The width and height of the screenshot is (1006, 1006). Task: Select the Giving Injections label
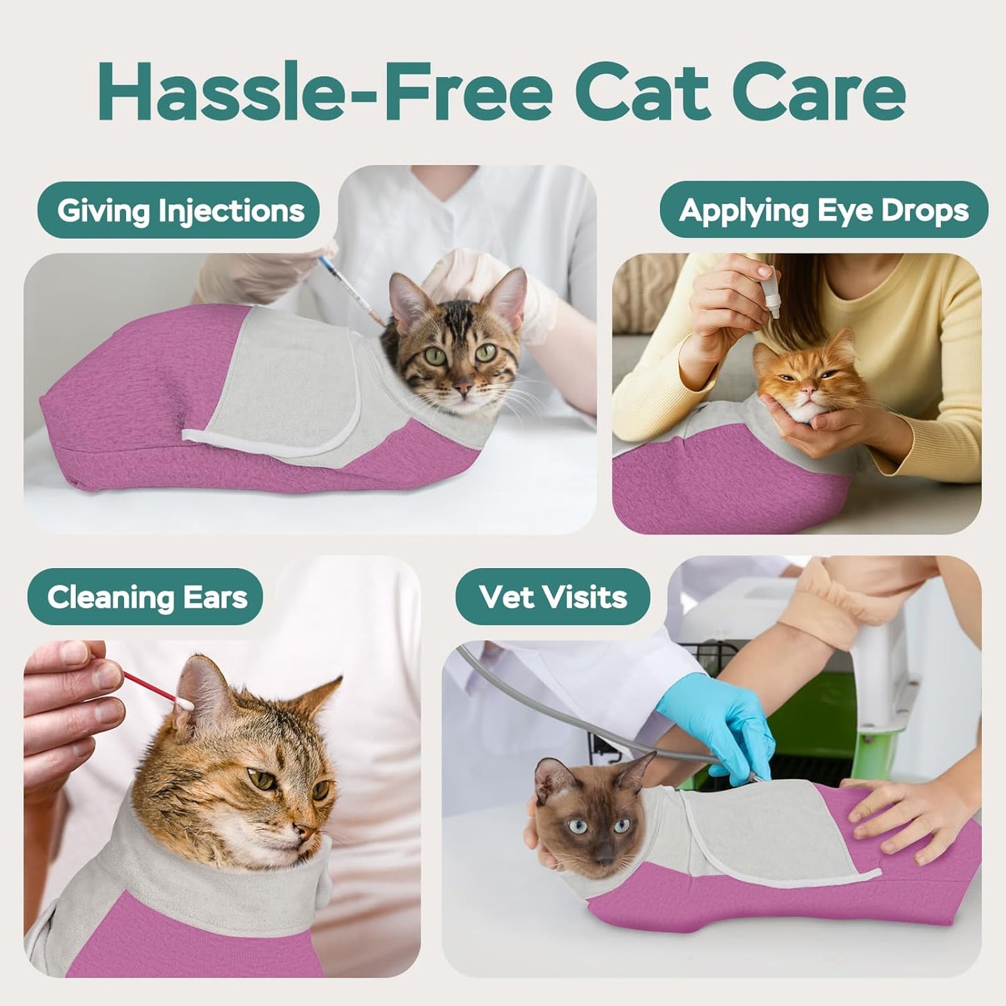click(x=180, y=210)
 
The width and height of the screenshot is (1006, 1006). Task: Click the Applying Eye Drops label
click(x=824, y=210)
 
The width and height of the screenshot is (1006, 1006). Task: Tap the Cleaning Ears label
click(x=147, y=597)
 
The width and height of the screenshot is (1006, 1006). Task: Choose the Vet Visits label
click(x=553, y=597)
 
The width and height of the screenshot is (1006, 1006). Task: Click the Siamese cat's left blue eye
click(x=577, y=826)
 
